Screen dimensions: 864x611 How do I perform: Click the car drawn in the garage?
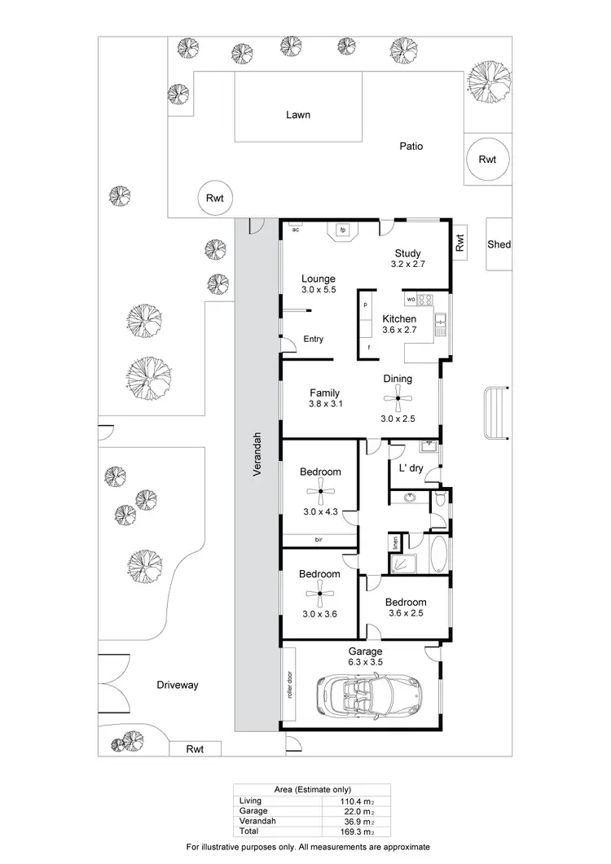[x=366, y=695]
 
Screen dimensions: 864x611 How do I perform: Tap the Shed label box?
[x=498, y=244]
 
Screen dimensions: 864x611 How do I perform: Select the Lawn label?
[x=297, y=115]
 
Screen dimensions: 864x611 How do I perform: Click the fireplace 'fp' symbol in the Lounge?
[x=343, y=231]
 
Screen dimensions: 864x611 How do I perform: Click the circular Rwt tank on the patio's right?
[x=487, y=160]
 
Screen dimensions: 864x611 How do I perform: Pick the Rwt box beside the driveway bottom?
[x=194, y=748]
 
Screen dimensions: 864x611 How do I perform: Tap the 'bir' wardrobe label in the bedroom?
[x=319, y=539]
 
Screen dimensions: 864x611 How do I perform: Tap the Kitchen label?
[x=399, y=319]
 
